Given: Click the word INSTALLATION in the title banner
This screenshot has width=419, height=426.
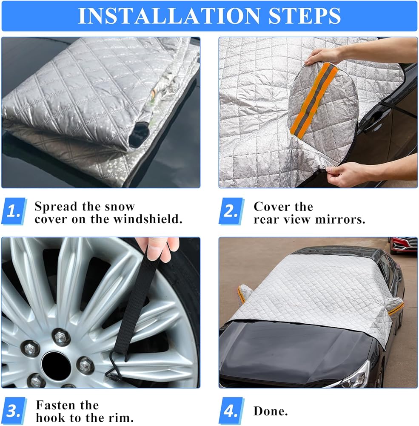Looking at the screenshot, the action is (169, 16).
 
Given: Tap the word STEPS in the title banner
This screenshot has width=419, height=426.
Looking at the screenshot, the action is (305, 16).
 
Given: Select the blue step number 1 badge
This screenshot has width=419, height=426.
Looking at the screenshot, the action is (14, 211).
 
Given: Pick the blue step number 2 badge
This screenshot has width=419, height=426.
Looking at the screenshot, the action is (231, 211).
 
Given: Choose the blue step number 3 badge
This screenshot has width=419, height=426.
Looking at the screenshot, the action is (14, 411).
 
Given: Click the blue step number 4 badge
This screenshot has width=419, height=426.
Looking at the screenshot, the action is (231, 411).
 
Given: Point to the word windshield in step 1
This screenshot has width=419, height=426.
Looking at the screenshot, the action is (148, 219).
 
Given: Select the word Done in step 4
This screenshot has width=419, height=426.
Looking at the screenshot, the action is (271, 411).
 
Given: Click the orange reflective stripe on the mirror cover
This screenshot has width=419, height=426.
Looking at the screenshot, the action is (314, 99).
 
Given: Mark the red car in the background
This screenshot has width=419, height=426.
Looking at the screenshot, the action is (403, 245).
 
